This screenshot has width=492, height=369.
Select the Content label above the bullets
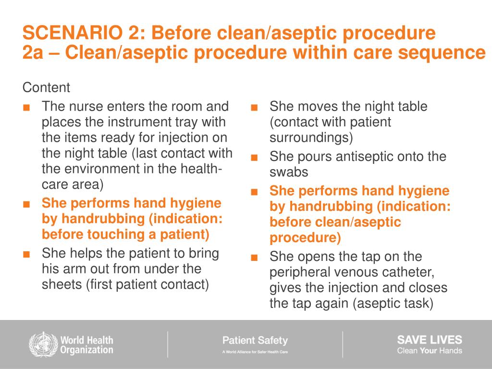(46, 88)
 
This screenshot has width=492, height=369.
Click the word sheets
(61, 284)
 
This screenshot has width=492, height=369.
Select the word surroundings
(311, 138)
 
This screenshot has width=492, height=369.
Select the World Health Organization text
(86, 345)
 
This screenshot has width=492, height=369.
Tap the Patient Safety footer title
(255, 341)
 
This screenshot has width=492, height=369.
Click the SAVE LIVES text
(429, 339)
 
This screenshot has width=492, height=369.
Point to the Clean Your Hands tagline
(429, 351)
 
